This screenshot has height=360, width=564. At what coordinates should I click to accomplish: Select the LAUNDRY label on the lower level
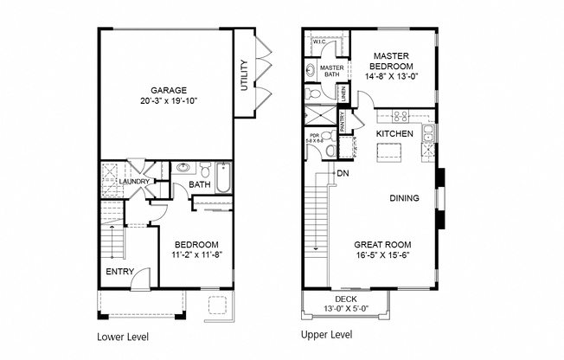point(136,182)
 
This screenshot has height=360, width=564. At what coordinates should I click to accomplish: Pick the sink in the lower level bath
point(183,168)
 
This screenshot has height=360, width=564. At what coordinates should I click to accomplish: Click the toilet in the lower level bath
point(205,170)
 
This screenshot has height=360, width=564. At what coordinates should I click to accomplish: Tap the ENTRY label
point(119,272)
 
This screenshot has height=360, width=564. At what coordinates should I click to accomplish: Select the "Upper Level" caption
point(325,334)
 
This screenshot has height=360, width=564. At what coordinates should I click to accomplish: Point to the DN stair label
point(343,174)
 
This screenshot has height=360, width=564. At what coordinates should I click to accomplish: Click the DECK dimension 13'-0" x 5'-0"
point(345,308)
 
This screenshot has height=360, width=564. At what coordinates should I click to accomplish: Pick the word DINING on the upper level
point(404,198)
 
